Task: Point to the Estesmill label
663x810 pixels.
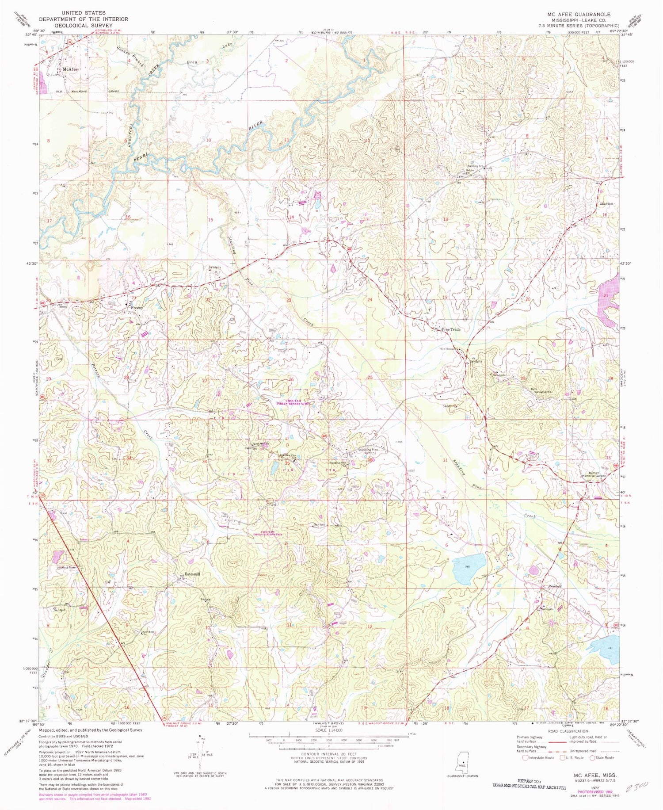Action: pyautogui.click(x=192, y=574)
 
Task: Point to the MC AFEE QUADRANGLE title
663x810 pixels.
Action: pyautogui.click(x=579, y=14)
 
